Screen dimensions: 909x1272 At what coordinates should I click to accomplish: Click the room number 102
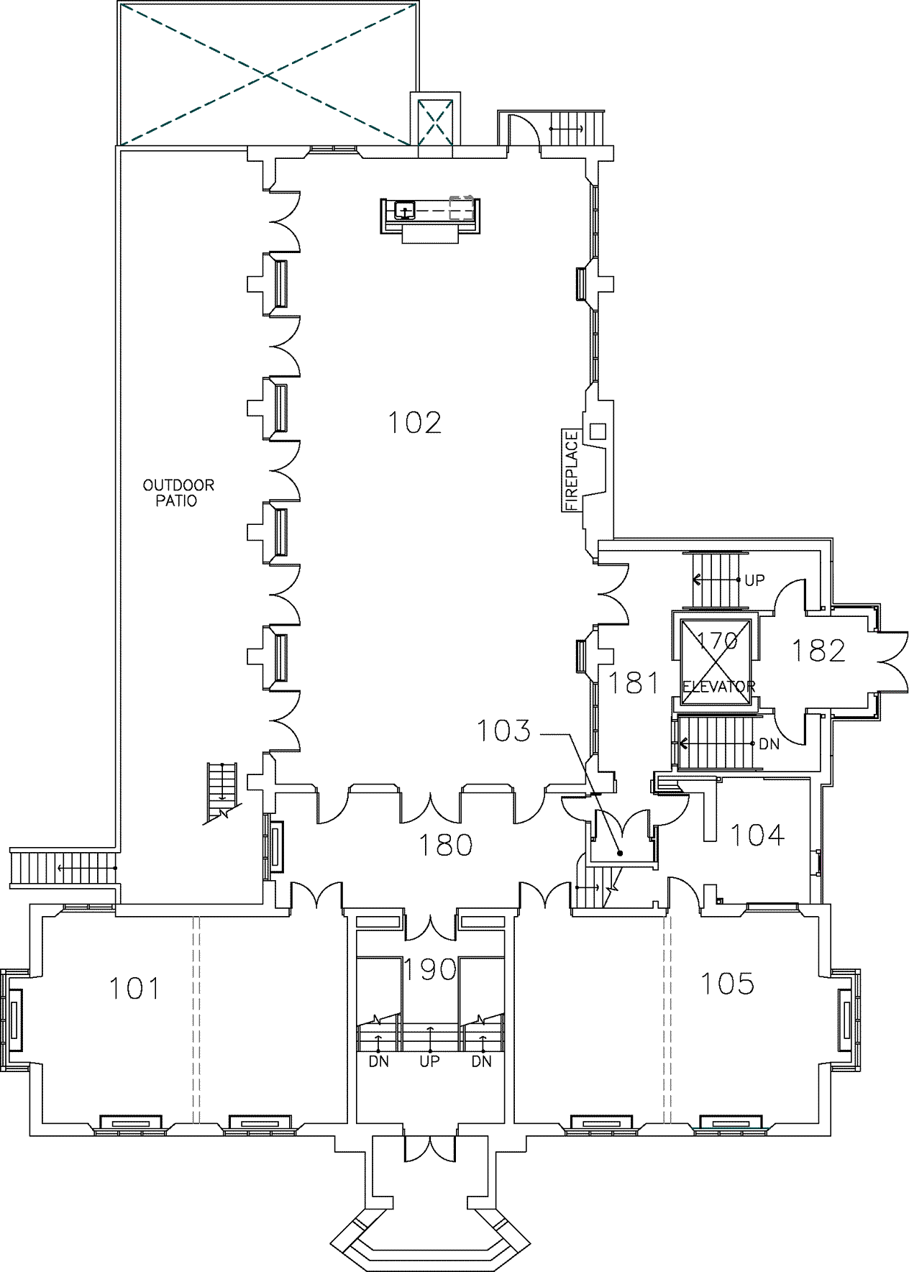pyautogui.click(x=414, y=422)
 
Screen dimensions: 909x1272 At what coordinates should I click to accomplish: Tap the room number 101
pyautogui.click(x=134, y=989)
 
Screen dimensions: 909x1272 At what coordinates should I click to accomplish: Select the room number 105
pyautogui.click(x=727, y=983)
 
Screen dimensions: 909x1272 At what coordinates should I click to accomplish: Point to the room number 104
pyautogui.click(x=757, y=835)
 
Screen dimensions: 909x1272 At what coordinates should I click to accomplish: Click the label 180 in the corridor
pyautogui.click(x=446, y=845)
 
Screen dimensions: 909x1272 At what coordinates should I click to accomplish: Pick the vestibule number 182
pyautogui.click(x=818, y=650)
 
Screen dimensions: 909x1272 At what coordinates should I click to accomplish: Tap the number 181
pyautogui.click(x=634, y=682)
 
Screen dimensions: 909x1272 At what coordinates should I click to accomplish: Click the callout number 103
pyautogui.click(x=504, y=731)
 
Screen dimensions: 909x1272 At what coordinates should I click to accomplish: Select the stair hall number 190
pyautogui.click(x=429, y=969)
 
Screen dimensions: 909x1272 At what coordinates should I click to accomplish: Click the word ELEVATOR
pyautogui.click(x=718, y=687)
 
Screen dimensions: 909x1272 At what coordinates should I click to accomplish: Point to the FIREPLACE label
pyautogui.click(x=572, y=470)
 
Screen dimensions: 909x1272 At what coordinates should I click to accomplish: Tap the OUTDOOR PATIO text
pyautogui.click(x=178, y=493)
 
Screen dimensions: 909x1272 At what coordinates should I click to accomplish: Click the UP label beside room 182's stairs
pyautogui.click(x=754, y=580)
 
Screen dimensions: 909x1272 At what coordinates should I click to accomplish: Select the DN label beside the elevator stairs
pyautogui.click(x=769, y=744)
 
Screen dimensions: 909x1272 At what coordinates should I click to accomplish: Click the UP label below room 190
pyautogui.click(x=429, y=1061)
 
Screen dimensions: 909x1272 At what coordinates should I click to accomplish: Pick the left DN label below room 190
pyautogui.click(x=378, y=1061)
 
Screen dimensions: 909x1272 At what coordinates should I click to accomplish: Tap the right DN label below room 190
pyautogui.click(x=482, y=1061)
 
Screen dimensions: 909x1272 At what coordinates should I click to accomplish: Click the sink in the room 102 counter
pyautogui.click(x=406, y=210)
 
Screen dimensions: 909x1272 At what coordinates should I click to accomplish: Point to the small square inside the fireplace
pyautogui.click(x=598, y=431)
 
